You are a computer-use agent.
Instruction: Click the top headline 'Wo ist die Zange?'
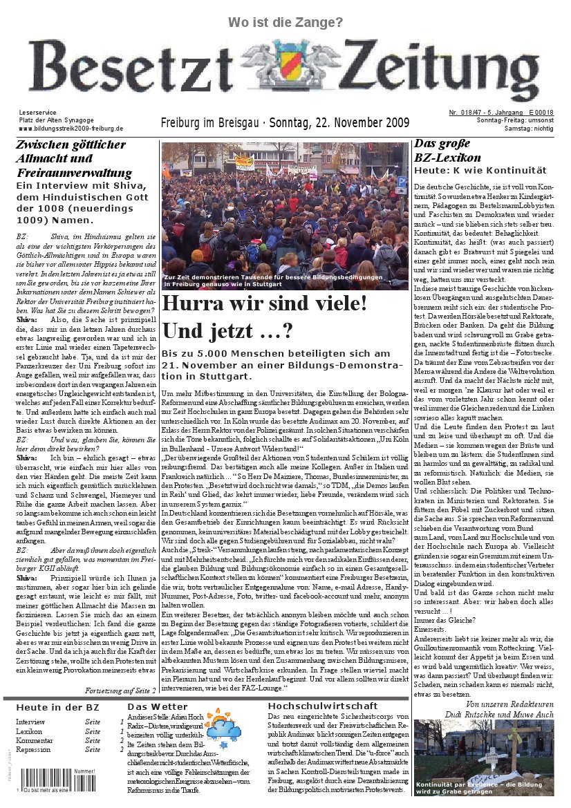point(285,23)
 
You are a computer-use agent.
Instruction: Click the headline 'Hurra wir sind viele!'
point(265,303)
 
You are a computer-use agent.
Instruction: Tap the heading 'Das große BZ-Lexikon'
point(447,151)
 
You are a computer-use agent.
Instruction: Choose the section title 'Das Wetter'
point(157,706)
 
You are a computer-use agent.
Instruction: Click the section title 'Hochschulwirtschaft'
point(323,706)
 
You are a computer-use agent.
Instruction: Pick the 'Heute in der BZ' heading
point(57,708)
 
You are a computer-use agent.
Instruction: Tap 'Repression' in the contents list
point(33,749)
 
